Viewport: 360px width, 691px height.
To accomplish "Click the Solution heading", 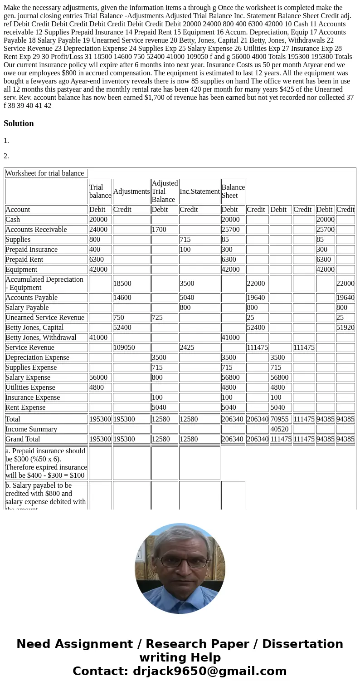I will point(19,123).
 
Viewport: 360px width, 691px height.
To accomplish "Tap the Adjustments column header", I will point(131,191).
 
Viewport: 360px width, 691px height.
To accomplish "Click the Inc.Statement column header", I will point(199,191).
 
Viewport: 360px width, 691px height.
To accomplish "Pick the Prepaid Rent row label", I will point(24,260).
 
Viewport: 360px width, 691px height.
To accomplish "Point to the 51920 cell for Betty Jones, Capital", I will point(345,328).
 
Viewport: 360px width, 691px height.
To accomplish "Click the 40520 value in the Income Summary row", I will point(279,429).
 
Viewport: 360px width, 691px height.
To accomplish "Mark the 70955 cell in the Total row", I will point(279,419).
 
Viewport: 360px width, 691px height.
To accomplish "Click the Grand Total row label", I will point(23,439).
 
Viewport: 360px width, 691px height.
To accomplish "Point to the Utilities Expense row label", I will point(30,387).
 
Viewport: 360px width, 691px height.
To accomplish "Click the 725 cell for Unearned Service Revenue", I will point(157,318).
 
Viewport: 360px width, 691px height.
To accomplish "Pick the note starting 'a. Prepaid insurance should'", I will point(46,463).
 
